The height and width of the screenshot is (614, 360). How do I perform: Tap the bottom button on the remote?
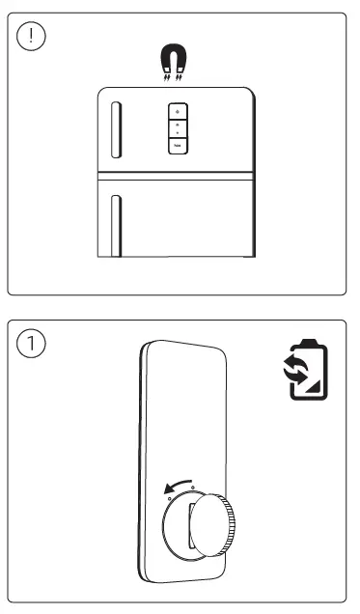(178, 145)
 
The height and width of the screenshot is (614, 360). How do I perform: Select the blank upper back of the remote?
(183, 405)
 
